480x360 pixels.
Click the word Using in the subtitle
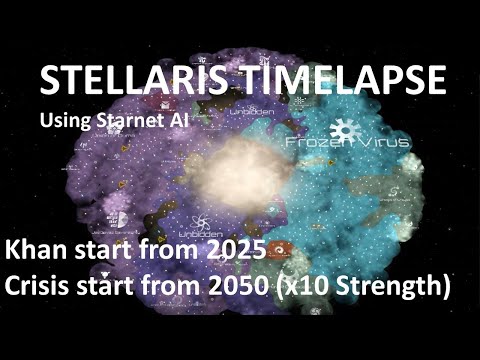click(x=66, y=120)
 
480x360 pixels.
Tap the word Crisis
click(x=46, y=285)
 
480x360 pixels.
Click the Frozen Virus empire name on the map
click(x=349, y=143)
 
